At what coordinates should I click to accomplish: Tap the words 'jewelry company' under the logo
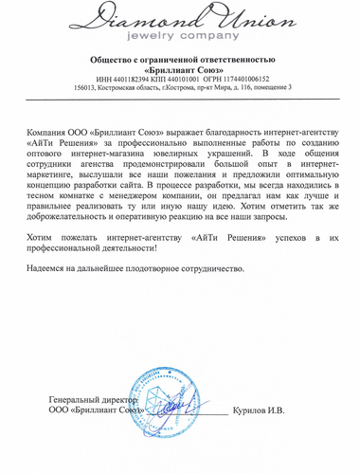pyautogui.click(x=180, y=37)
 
